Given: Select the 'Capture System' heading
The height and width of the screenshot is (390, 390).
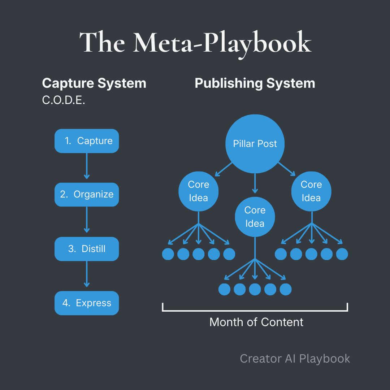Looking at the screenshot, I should point(94,83).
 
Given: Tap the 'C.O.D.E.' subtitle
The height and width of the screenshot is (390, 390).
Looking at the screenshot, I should point(64,100).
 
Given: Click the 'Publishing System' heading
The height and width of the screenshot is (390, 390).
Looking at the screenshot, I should point(255,83).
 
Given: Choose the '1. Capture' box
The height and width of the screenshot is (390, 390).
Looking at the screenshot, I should point(87,141).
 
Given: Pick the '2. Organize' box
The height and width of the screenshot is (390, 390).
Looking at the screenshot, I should point(87,194).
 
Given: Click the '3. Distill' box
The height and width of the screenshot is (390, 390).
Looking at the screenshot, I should point(87,249).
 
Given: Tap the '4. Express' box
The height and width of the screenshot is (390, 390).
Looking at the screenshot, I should point(87,303).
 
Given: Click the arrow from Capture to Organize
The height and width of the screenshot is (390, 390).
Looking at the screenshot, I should point(87,166).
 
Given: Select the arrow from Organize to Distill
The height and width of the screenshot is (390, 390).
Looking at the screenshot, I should point(87,220).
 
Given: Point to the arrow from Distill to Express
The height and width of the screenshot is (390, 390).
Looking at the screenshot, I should point(87,274).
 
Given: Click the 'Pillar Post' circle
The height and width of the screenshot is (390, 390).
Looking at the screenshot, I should point(255,144).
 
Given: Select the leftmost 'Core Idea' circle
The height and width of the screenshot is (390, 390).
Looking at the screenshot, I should point(198,191).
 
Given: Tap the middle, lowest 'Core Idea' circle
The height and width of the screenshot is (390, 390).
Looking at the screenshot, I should point(255,217).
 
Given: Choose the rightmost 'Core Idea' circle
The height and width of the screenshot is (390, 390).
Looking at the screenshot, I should point(311,191).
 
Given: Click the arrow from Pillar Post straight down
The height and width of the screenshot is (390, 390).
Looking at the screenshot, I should point(255,183).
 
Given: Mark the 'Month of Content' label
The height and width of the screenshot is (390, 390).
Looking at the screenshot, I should point(256,322).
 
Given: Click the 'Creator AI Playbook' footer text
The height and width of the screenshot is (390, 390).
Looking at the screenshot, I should point(295,359).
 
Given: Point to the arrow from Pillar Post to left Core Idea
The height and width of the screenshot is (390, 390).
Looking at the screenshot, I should point(224,169).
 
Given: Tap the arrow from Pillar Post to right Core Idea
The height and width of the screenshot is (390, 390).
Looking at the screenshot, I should point(286,169).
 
